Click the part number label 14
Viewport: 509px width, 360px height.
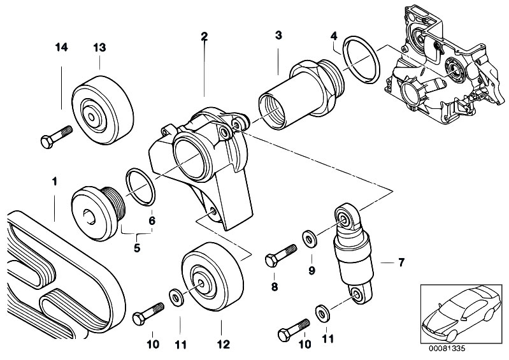coord(61,47)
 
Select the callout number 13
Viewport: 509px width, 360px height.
coord(99,47)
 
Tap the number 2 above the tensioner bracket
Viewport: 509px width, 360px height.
coord(204,36)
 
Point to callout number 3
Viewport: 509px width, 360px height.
coord(278,36)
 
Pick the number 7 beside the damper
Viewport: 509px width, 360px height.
coord(401,262)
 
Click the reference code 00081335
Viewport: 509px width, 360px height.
coord(451,349)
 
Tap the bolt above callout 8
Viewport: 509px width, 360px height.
coord(281,254)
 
